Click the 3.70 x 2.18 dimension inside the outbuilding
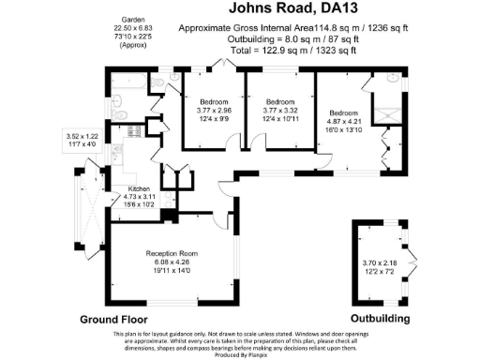380,262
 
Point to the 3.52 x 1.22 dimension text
81,137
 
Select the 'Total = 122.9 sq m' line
293,51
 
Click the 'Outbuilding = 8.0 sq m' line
293,39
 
